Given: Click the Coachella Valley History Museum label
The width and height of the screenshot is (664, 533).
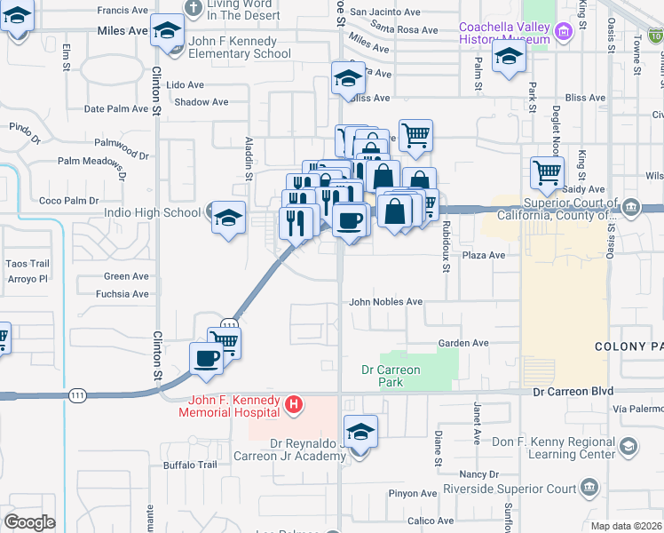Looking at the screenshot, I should (503, 33).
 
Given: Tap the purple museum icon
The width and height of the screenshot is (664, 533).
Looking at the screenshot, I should (561, 34).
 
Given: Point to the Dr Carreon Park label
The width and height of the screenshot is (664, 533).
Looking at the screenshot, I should (391, 376).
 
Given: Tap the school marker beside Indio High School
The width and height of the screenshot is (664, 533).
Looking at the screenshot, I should (228, 218).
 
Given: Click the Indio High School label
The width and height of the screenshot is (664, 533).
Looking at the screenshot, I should (153, 212).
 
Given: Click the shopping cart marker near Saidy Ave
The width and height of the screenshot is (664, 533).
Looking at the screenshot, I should (548, 172).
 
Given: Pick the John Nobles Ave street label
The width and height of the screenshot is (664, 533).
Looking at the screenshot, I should (385, 302).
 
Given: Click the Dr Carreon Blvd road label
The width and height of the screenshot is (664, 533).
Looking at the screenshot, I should (573, 392).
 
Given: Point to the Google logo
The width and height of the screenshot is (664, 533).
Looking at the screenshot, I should (29, 522).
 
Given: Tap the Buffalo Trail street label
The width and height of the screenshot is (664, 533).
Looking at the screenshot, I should (190, 465).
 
